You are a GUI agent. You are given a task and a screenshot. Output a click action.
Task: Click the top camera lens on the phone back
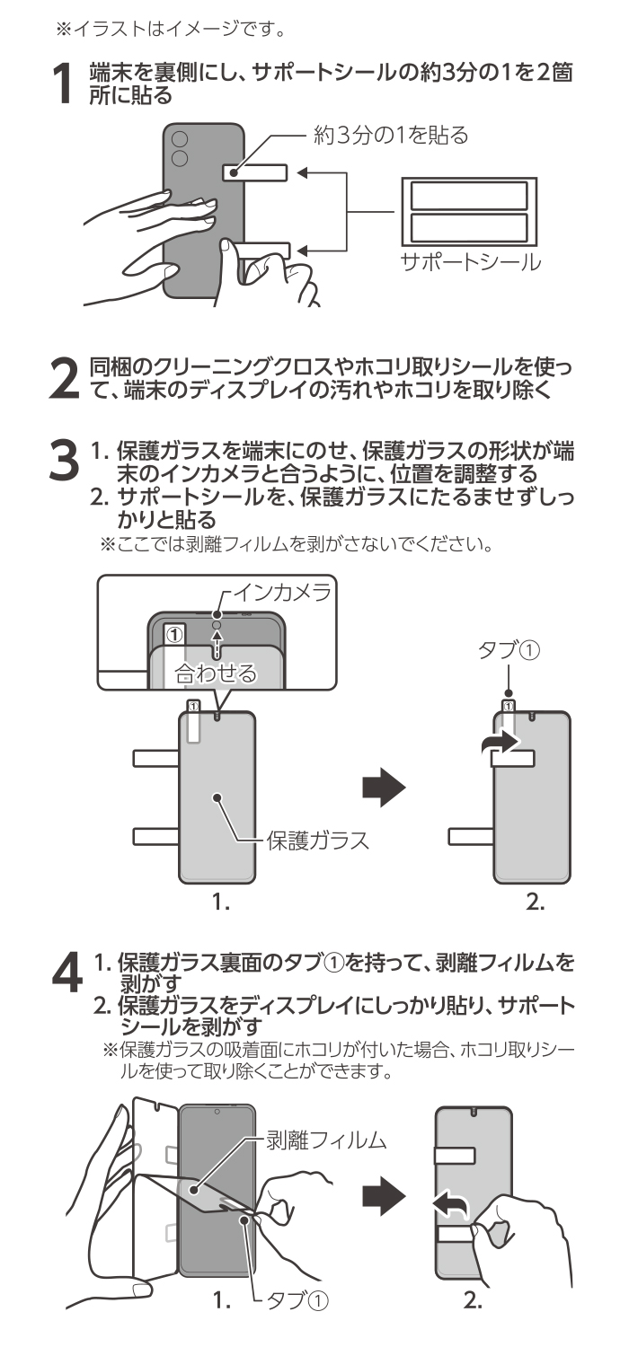(x=180, y=140)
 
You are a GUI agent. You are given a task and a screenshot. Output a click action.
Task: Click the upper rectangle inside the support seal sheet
(x=469, y=197)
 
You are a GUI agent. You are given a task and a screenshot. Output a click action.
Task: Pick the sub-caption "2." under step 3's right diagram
(x=536, y=904)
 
